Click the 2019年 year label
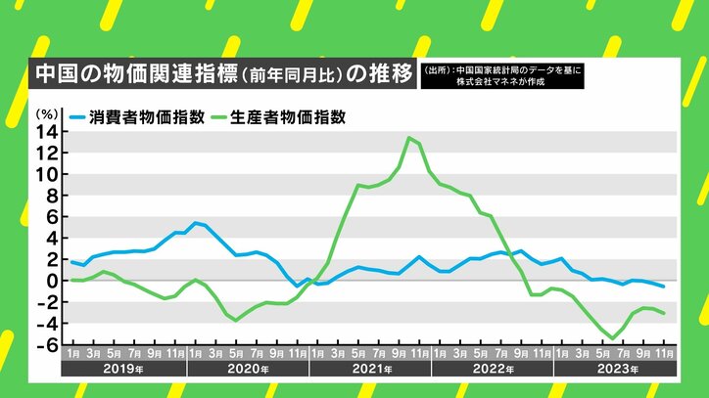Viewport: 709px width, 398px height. click(x=124, y=371)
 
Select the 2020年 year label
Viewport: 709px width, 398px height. click(x=247, y=371)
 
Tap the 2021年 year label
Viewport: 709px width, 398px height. click(x=369, y=371)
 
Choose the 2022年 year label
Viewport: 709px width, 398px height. click(x=492, y=371)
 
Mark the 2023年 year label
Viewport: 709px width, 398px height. click(x=614, y=371)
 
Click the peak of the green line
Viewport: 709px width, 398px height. click(x=408, y=138)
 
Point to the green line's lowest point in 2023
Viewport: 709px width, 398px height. click(x=612, y=338)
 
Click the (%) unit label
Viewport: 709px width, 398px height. click(x=48, y=114)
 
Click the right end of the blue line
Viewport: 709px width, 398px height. click(x=665, y=287)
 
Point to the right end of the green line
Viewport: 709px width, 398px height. click(x=665, y=313)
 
